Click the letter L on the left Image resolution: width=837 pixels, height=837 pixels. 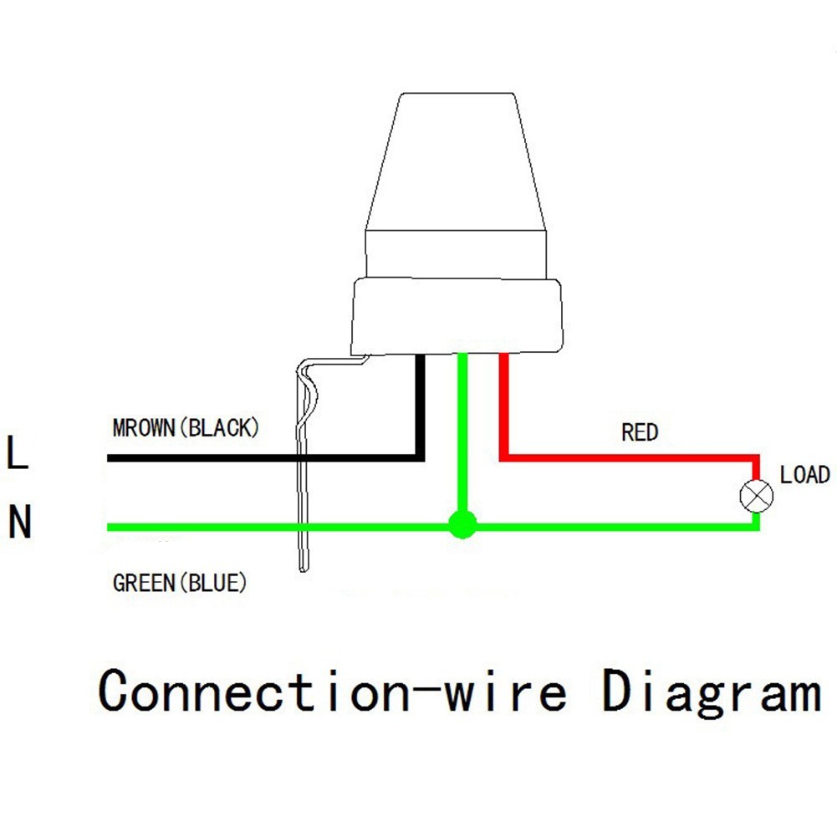click(x=17, y=452)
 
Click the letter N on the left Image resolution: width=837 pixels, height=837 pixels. click(x=20, y=522)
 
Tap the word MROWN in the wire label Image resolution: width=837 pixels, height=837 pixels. click(x=144, y=428)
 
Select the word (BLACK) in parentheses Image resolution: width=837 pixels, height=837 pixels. click(x=220, y=428)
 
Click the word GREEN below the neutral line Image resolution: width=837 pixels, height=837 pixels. click(x=144, y=583)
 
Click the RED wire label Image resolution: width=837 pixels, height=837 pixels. click(x=640, y=432)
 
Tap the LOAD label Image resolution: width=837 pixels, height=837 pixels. click(x=805, y=475)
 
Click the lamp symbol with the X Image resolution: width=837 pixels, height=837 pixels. click(x=757, y=496)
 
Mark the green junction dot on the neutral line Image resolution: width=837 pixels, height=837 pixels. click(x=462, y=525)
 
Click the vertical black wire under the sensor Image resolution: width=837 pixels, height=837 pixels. click(x=421, y=406)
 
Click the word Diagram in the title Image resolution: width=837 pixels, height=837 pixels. click(x=712, y=692)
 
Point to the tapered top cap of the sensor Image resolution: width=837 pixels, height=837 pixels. click(x=456, y=161)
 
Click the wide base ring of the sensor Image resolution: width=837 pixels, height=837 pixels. click(x=457, y=316)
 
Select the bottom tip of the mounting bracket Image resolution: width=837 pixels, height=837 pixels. click(x=304, y=569)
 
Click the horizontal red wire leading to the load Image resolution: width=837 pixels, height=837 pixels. click(x=630, y=458)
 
